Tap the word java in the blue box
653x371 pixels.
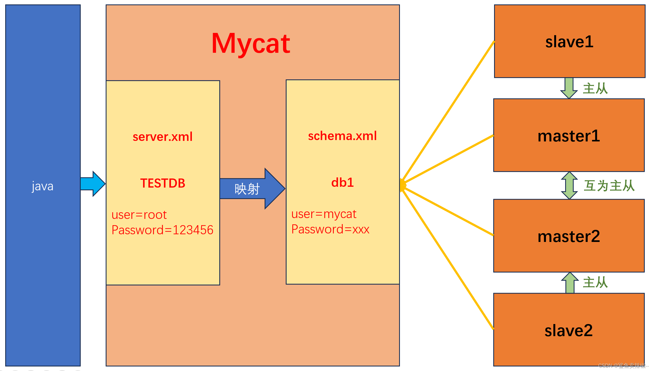tap(43, 186)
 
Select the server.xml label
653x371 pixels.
tap(162, 137)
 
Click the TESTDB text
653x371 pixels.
tap(163, 183)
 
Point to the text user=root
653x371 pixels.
tap(139, 215)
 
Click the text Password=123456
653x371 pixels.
tap(162, 230)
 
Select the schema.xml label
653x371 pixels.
tap(342, 136)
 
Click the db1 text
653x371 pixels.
tap(342, 183)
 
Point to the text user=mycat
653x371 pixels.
tap(324, 214)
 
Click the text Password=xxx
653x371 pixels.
tap(330, 229)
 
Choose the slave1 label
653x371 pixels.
tap(569, 42)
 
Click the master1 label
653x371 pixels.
tap(569, 136)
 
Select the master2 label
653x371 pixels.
tap(569, 236)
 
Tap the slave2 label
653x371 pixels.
tap(569, 330)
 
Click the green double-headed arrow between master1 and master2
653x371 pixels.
tap(570, 186)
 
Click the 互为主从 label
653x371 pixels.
tap(609, 186)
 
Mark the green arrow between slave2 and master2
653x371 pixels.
tap(570, 283)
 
